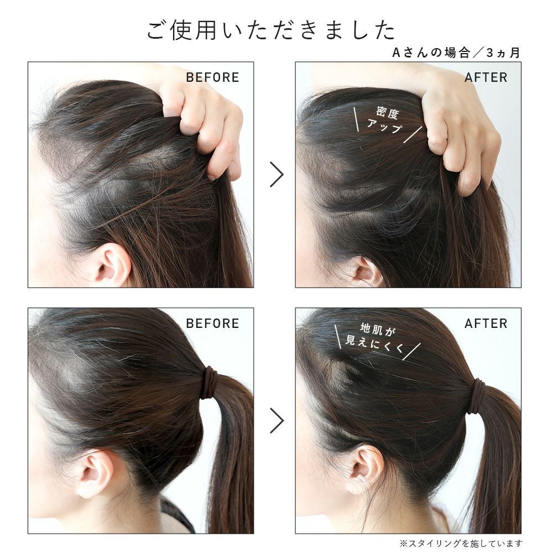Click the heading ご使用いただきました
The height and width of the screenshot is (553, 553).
pos(271,30)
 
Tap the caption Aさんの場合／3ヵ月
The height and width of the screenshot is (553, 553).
pos(456,53)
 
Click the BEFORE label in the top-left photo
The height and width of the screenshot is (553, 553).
pos(212,77)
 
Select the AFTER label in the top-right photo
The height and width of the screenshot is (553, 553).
pos(486,77)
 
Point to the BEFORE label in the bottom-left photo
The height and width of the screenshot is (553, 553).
pos(212,324)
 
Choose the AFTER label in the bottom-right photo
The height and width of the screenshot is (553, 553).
pos(486,324)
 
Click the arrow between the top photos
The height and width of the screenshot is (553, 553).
pos(276,174)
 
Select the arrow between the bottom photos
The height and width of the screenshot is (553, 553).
pos(276,420)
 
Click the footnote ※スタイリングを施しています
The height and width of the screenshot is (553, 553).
pos(460,543)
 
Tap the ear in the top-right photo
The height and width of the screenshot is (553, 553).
pos(365,272)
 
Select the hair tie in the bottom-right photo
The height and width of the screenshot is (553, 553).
pos(479,393)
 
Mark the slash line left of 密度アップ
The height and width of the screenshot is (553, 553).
pos(356,119)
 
